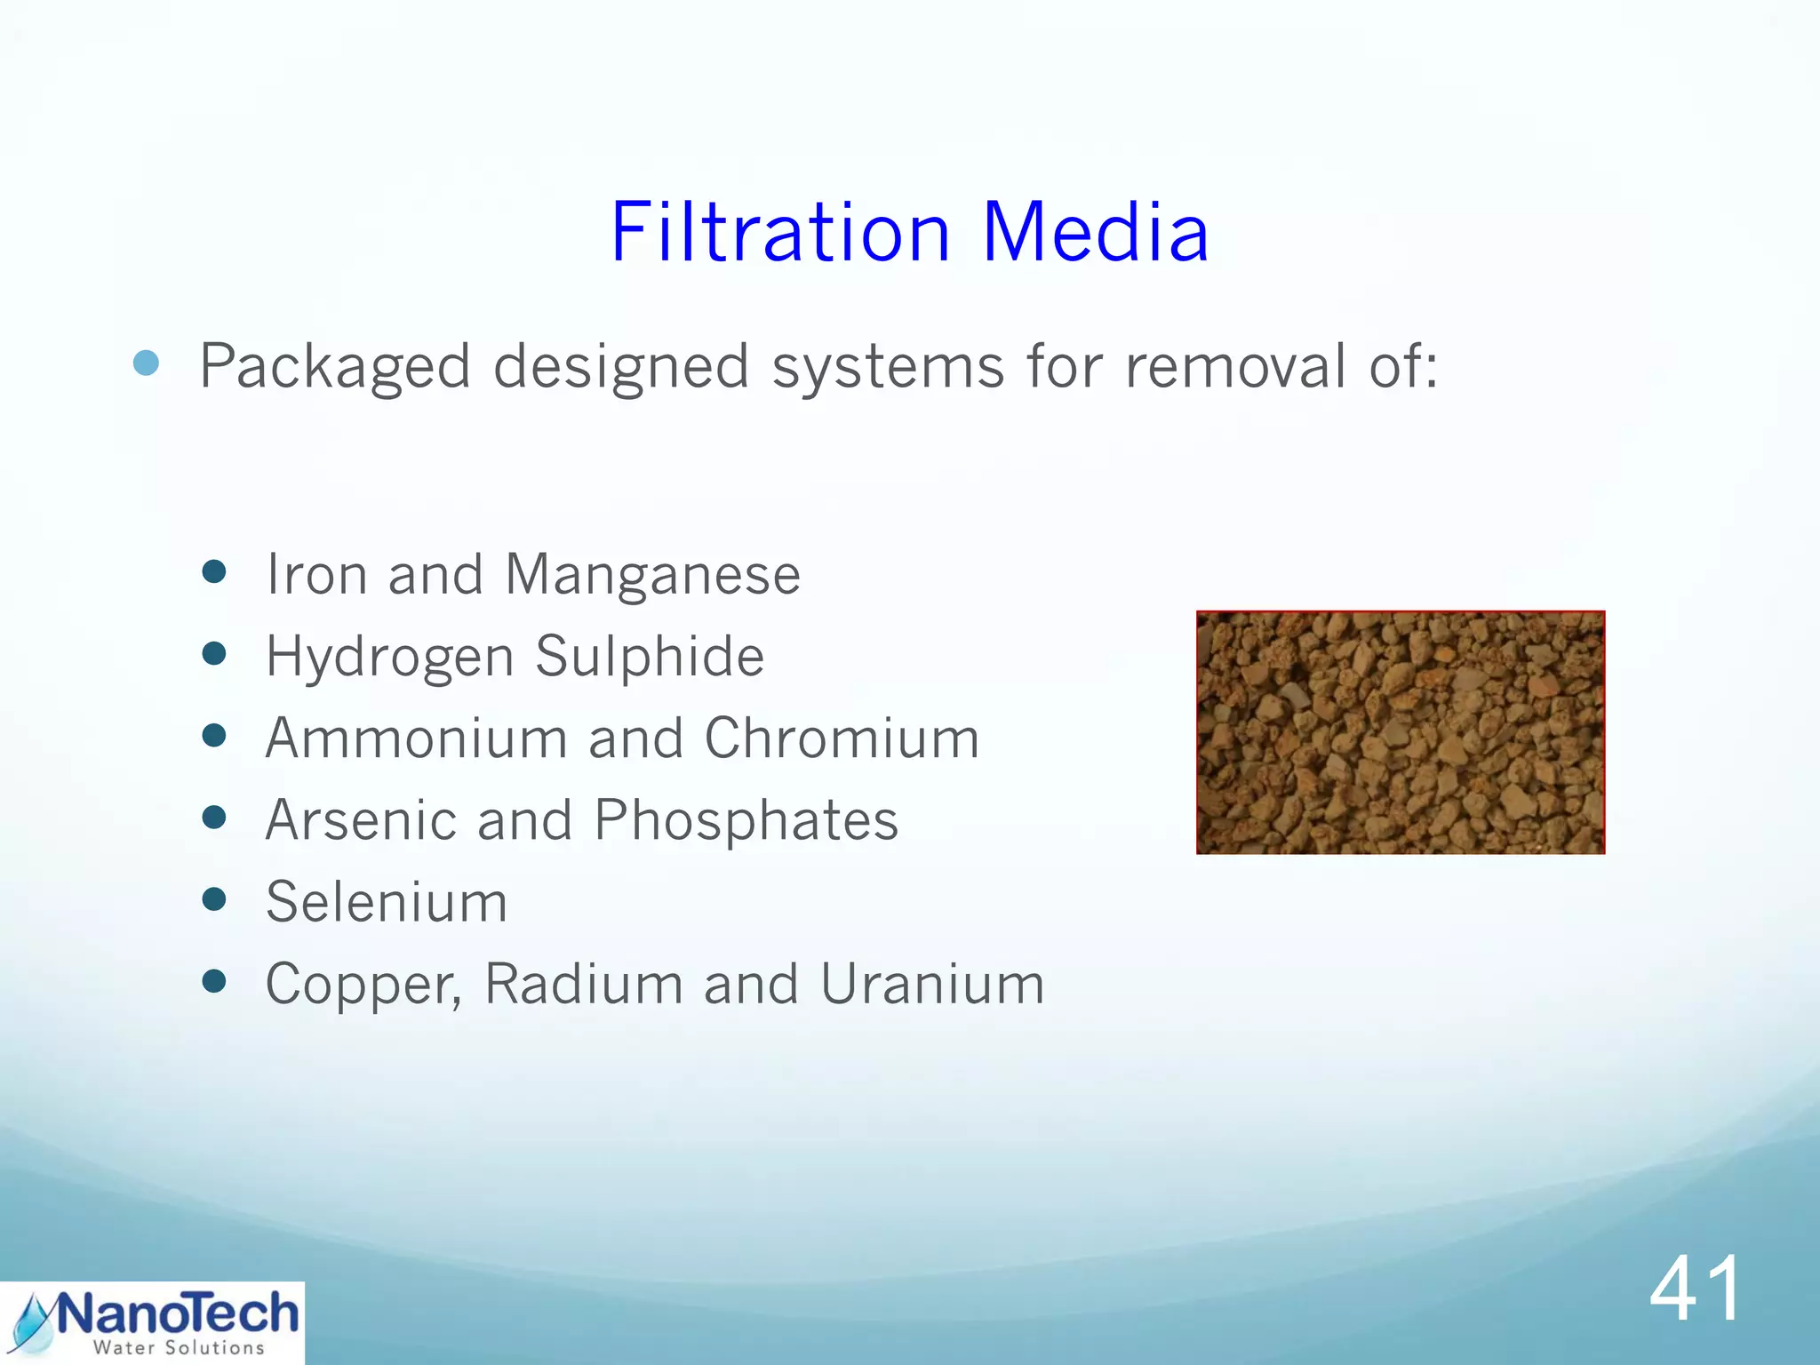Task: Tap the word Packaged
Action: point(335,366)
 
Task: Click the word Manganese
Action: point(652,575)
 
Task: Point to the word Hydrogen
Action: point(390,658)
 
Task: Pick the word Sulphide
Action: point(649,657)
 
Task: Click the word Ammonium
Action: point(416,738)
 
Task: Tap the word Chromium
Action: point(842,738)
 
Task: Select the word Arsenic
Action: point(361,820)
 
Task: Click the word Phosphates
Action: point(746,820)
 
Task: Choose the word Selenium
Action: point(387,902)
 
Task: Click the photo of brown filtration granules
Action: point(1400,732)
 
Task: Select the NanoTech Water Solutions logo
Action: point(153,1322)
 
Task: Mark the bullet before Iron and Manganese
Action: point(213,571)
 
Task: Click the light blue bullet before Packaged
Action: point(146,363)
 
